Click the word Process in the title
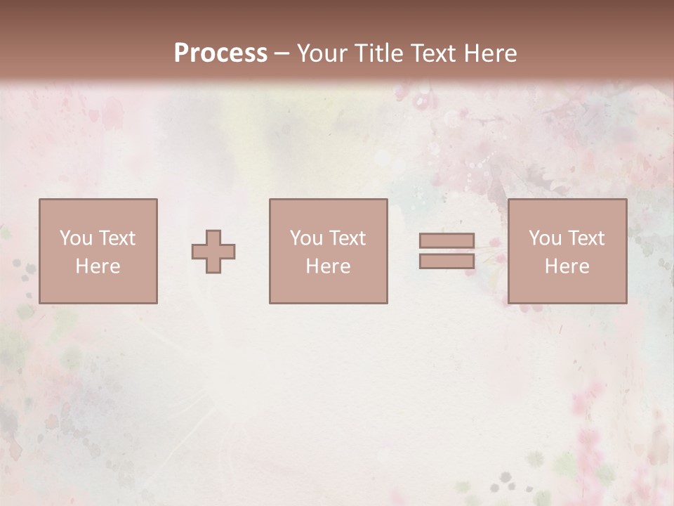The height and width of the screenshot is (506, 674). click(220, 53)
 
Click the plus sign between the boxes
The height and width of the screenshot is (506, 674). click(213, 252)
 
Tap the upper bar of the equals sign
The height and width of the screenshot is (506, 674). click(447, 241)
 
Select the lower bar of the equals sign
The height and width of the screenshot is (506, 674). click(447, 261)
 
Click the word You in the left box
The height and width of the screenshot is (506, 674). click(76, 238)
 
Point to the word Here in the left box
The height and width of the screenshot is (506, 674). click(98, 266)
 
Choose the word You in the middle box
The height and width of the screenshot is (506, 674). click(306, 238)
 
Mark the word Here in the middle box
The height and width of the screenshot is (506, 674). click(328, 266)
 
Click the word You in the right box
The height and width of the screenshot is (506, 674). click(545, 238)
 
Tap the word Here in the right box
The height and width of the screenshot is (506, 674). click(567, 266)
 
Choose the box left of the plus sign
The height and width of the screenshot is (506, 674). click(98, 288)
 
